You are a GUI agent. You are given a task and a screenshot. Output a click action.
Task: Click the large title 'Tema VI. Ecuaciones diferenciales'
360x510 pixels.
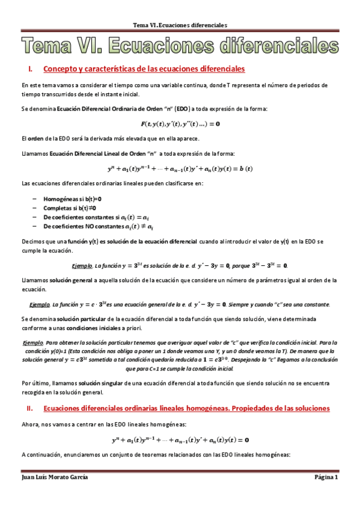pos(180,45)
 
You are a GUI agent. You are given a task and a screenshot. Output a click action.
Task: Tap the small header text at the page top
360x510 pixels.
pos(180,26)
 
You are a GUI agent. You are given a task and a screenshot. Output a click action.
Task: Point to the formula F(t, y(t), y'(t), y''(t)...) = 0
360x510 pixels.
pos(180,124)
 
